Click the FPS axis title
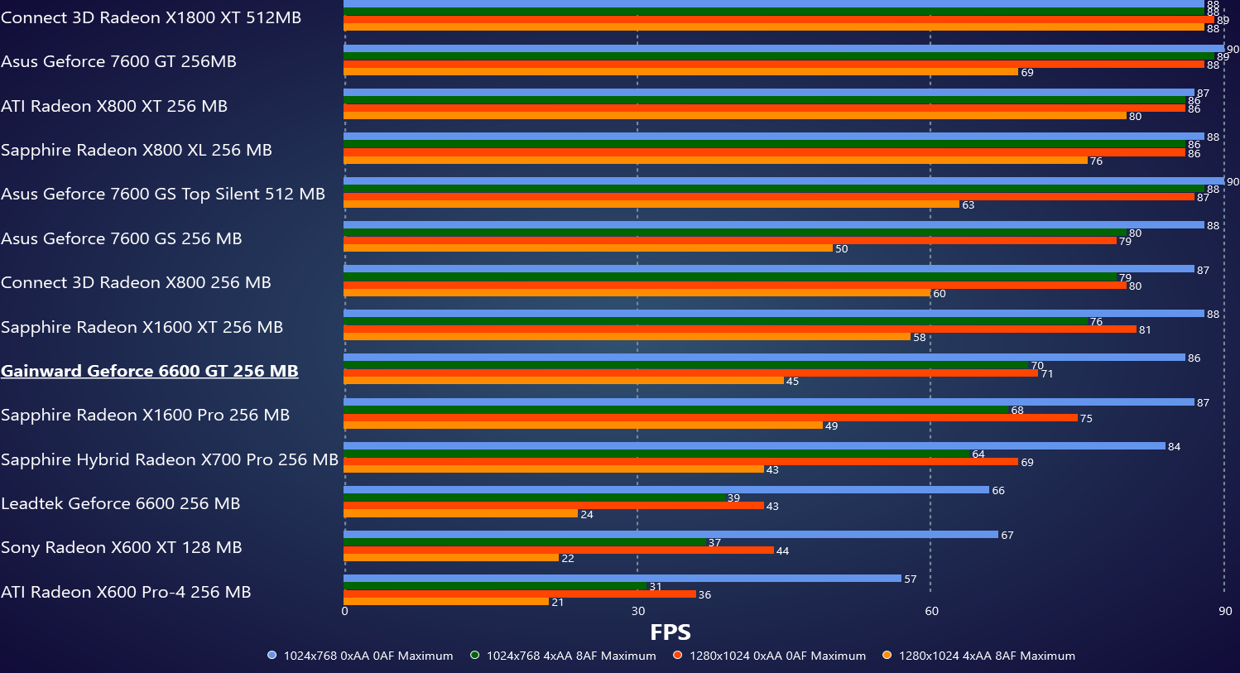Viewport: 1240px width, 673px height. [670, 632]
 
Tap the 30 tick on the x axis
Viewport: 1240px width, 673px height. [637, 611]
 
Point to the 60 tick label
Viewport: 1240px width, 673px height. [931, 611]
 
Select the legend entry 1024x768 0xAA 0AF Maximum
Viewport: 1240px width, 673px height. [360, 656]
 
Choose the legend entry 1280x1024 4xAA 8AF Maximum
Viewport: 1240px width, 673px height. [978, 656]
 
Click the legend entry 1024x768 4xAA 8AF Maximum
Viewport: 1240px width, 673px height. [563, 656]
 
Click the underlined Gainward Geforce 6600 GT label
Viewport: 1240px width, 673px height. [150, 371]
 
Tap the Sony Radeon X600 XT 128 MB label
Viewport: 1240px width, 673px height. [122, 547]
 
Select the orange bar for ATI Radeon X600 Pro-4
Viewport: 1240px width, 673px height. [446, 602]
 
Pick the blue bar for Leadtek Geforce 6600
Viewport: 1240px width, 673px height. [666, 490]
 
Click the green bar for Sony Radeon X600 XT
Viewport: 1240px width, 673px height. [525, 542]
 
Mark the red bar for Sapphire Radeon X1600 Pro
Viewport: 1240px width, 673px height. [710, 418]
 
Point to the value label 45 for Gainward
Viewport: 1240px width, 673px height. [792, 382]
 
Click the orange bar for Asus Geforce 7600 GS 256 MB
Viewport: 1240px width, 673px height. [588, 248]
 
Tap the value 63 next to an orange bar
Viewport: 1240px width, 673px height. [968, 204]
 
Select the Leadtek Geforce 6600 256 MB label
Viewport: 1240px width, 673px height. [121, 503]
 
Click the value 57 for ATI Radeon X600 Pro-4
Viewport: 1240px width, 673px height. [910, 579]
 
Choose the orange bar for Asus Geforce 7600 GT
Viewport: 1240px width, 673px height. [680, 72]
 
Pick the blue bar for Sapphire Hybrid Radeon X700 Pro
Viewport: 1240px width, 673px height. [754, 446]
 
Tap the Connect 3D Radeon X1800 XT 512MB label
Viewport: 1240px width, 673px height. [151, 17]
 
